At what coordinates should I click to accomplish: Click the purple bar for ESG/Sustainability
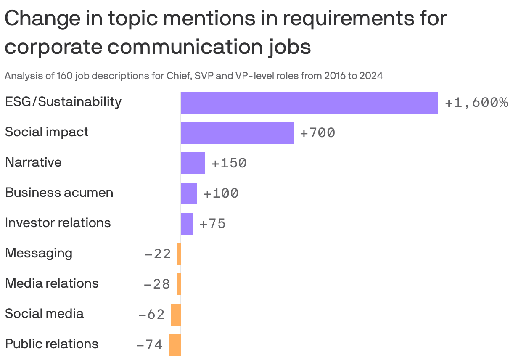coord(309,103)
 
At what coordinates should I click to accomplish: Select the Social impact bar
coord(237,133)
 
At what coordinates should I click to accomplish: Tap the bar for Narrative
coord(193,163)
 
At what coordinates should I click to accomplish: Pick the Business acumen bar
coord(188,193)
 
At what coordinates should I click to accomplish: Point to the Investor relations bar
coord(186,224)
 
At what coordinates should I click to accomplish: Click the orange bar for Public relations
coord(175,345)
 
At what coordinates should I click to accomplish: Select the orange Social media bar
coord(176,315)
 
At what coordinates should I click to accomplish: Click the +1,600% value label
coord(476,103)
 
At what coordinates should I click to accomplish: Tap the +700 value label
coord(317,133)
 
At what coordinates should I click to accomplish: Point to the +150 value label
coord(229,163)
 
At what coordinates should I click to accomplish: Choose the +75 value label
coord(212,224)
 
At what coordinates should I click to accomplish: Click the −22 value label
coord(158,254)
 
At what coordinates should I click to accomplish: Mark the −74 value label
coord(150,345)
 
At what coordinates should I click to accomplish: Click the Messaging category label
coord(39,253)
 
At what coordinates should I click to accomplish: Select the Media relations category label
coord(52,283)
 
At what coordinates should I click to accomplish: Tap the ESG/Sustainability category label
coord(63,102)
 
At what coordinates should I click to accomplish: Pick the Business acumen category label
coord(59,193)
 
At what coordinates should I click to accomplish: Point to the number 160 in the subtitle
coord(81,76)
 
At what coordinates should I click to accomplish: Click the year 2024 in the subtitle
coord(371,76)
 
